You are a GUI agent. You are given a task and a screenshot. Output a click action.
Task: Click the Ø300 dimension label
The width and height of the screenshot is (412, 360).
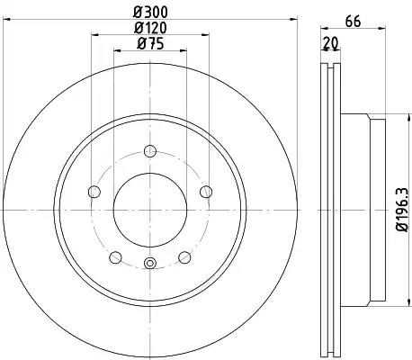150,12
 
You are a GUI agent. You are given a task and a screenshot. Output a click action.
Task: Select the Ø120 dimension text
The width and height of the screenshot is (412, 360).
150,28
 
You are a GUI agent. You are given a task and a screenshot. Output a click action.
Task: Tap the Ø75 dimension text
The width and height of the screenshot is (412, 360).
150,44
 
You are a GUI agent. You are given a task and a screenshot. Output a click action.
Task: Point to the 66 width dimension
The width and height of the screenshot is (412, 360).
353,22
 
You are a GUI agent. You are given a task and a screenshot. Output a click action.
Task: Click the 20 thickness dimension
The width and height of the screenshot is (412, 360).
330,44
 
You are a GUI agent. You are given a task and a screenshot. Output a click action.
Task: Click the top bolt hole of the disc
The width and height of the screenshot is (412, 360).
150,151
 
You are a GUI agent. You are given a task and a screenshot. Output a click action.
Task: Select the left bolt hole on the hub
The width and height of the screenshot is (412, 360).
94,192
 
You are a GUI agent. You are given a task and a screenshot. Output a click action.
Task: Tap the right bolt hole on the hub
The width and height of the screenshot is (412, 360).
206,192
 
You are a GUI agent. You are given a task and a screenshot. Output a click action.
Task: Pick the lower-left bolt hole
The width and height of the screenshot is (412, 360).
115,257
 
